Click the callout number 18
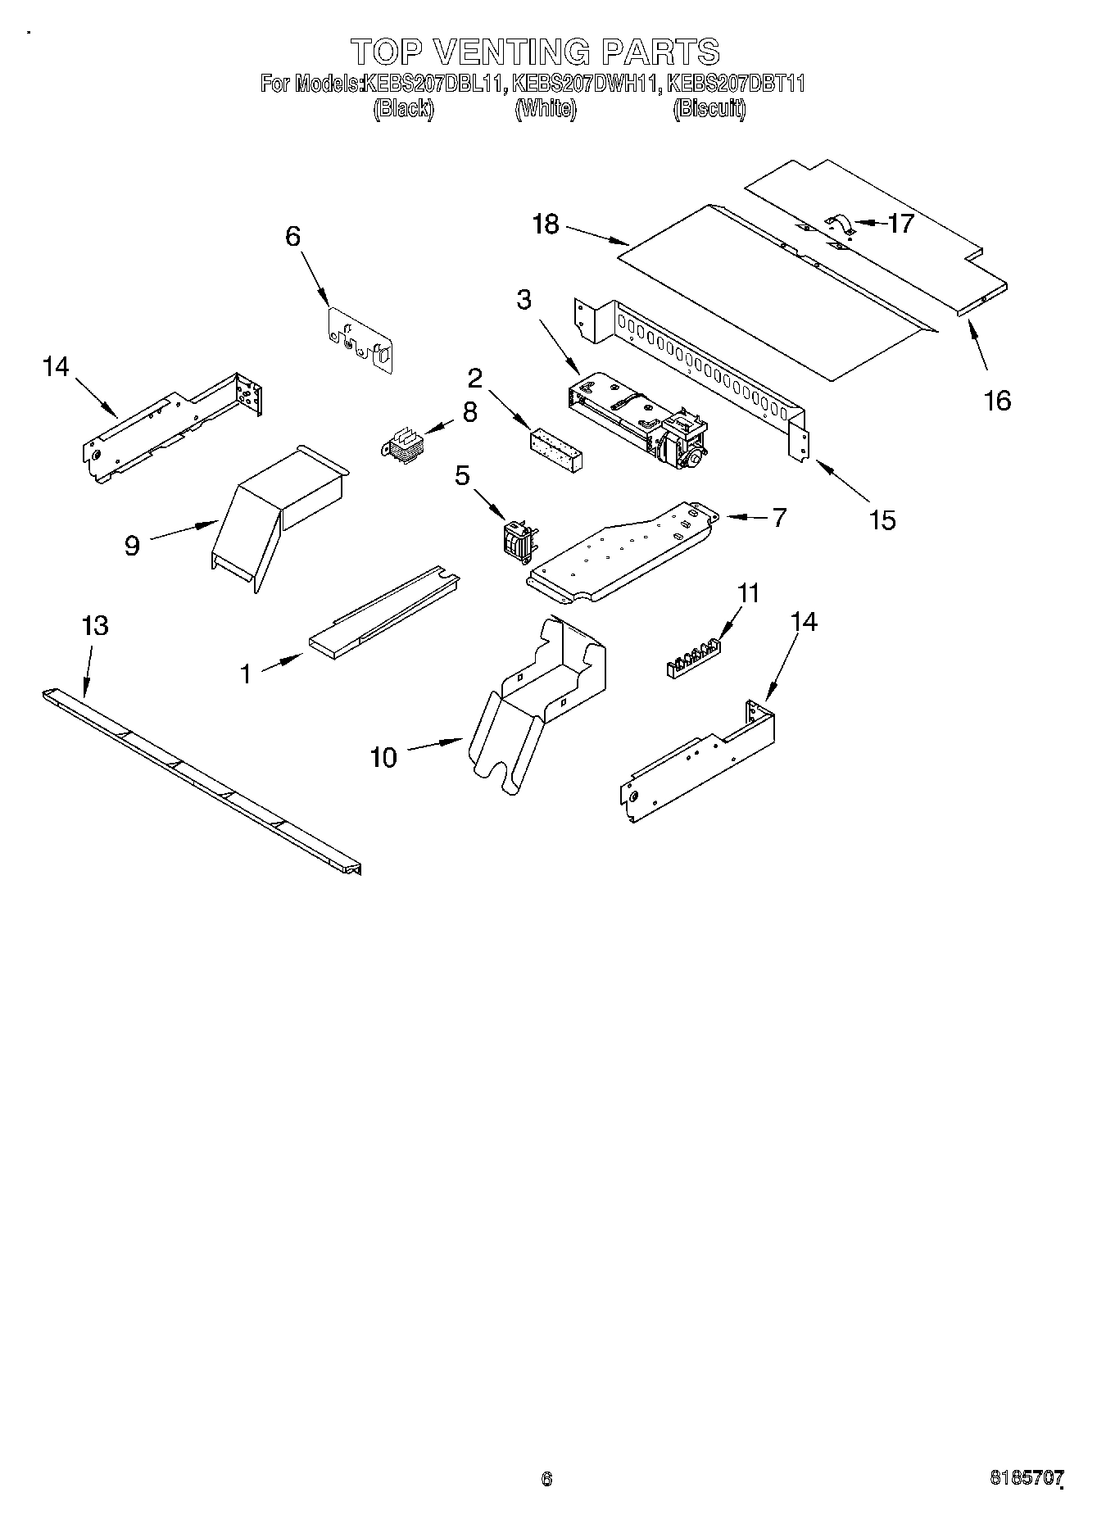coord(545,224)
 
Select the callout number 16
coord(997,401)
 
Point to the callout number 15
coord(882,519)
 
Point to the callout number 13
coord(95,626)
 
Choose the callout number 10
coord(383,757)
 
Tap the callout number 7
coord(778,517)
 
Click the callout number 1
coord(246,674)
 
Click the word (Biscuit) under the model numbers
coord(709,109)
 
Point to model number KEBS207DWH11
coord(586,84)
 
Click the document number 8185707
coord(1027,1478)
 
